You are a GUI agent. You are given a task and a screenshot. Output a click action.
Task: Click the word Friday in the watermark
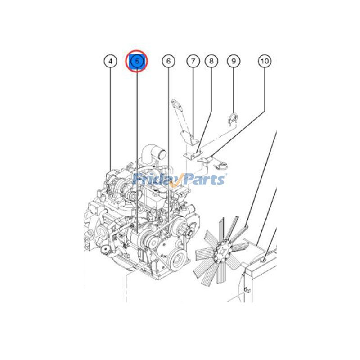pos(155,180)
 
